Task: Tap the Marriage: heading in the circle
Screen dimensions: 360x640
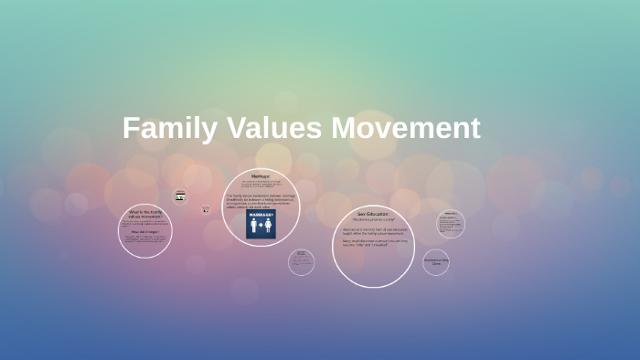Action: click(261, 175)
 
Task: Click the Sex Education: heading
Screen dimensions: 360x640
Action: click(372, 213)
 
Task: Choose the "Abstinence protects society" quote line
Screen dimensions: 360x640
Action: click(372, 219)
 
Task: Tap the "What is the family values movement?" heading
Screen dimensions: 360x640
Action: click(145, 215)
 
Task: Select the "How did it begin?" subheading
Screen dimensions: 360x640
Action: click(145, 232)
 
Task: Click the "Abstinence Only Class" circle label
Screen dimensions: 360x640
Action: click(436, 261)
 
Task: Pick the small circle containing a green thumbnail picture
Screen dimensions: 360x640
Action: click(180, 196)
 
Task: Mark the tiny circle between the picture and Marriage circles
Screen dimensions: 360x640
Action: click(206, 209)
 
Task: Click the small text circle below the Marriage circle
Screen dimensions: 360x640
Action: click(301, 262)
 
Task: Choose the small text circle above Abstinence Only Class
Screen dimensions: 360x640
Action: click(450, 224)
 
